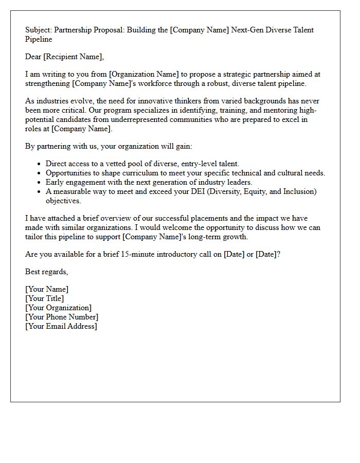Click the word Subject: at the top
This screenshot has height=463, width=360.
pyautogui.click(x=39, y=30)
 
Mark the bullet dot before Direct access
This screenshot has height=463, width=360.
pyautogui.click(x=40, y=164)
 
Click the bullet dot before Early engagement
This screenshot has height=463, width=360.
pyautogui.click(x=40, y=183)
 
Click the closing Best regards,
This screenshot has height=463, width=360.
pyautogui.click(x=47, y=272)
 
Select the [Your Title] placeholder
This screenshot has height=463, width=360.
pyautogui.click(x=45, y=298)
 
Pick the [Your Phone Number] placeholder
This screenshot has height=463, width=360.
pyautogui.click(x=62, y=317)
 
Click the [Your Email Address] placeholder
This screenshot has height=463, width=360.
pyautogui.click(x=61, y=326)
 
